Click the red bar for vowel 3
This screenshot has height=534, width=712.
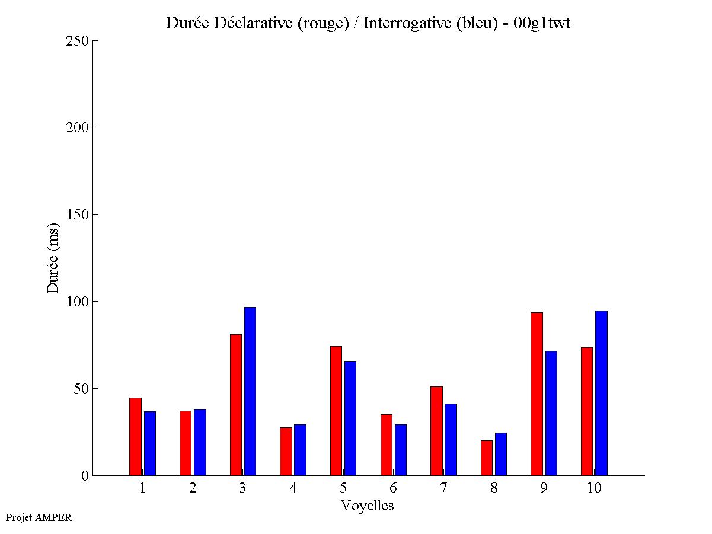click(x=235, y=405)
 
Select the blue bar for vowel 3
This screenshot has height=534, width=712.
click(x=250, y=391)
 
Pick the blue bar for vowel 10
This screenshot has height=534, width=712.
click(x=601, y=393)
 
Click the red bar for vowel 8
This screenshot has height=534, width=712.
click(x=487, y=458)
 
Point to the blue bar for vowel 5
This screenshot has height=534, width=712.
click(x=350, y=418)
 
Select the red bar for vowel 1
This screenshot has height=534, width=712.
click(x=135, y=436)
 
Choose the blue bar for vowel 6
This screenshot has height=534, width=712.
click(x=400, y=450)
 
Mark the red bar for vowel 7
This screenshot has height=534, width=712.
click(x=436, y=431)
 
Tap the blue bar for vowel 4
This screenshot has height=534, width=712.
click(x=300, y=450)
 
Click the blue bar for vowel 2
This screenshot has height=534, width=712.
click(x=200, y=442)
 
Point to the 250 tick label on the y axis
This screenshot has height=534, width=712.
click(x=77, y=41)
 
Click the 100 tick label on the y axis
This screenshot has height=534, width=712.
click(x=77, y=302)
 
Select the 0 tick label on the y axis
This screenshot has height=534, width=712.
click(x=85, y=476)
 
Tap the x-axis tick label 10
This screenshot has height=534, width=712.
click(x=594, y=488)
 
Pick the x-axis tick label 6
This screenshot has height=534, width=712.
click(x=393, y=488)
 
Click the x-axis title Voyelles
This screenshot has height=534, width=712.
click(x=368, y=506)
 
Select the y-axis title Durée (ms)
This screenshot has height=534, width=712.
click(x=53, y=258)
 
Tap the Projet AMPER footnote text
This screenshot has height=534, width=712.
click(x=39, y=517)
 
